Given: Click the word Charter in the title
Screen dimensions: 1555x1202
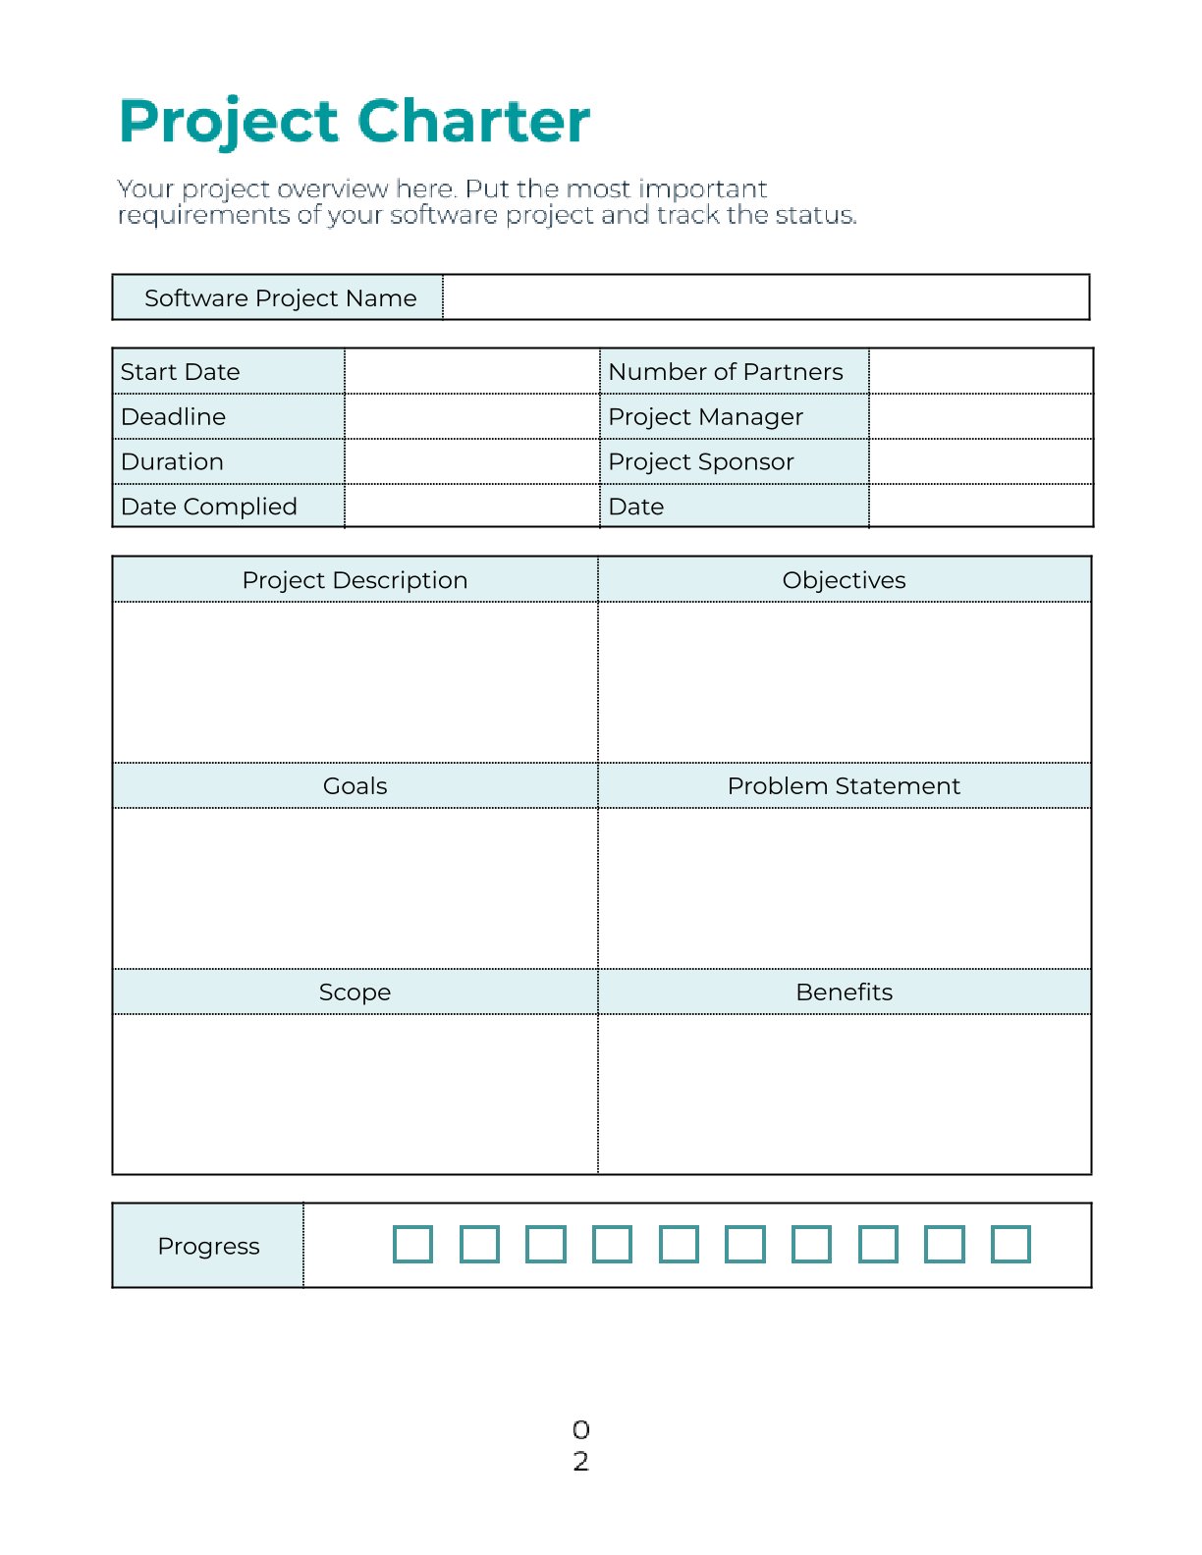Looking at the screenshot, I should coord(473,122).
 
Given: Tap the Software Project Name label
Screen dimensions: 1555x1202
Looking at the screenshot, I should coord(280,298).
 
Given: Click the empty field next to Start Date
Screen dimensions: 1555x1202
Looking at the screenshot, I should coord(471,372).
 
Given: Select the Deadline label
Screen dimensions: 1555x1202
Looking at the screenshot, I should coord(173,417).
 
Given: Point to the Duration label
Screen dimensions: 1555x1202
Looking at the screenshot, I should coord(172,462).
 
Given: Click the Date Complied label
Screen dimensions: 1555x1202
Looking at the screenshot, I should coord(208,507).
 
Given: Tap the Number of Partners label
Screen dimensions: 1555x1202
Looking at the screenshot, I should coord(725,372).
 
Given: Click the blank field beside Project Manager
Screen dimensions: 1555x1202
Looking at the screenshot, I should coord(980,417).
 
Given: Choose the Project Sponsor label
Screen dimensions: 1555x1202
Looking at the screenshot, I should coord(700,462).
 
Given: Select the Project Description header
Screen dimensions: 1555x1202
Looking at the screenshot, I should coord(355,580).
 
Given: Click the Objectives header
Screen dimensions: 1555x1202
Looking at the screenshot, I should coord(844,580).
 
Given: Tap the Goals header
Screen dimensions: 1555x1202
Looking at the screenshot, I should coord(355,786).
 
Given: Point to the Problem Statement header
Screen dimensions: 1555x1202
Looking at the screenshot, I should coord(844,786).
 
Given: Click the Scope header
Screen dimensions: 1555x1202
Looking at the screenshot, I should coord(355,992).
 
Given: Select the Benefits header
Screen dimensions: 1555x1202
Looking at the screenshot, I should coord(844,992).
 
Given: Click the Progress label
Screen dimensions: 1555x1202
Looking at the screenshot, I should coord(208,1246).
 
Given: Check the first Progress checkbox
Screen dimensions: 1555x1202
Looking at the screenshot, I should coord(412,1244).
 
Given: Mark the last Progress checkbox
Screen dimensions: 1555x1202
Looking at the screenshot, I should coord(1011,1244).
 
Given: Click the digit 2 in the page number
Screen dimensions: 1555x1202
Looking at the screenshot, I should coord(580,1462).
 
